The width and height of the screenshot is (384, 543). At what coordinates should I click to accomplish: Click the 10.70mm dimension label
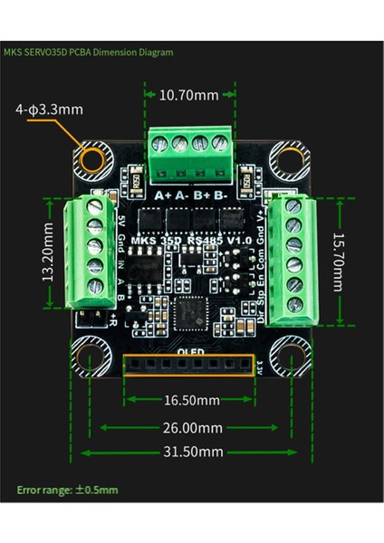tap(189, 93)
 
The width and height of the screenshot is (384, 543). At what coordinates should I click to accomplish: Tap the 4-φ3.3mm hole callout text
tap(49, 110)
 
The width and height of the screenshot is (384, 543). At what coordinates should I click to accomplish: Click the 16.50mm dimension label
tap(189, 400)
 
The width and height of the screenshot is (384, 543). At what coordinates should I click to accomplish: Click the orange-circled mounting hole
tap(91, 162)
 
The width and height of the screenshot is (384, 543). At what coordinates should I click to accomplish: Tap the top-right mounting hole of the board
tap(289, 162)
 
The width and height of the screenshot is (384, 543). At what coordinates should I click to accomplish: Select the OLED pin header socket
tap(189, 365)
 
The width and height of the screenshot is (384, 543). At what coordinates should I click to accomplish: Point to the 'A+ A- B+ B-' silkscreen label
tap(189, 195)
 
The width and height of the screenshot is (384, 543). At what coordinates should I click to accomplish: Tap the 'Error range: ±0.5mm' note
tap(67, 491)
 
